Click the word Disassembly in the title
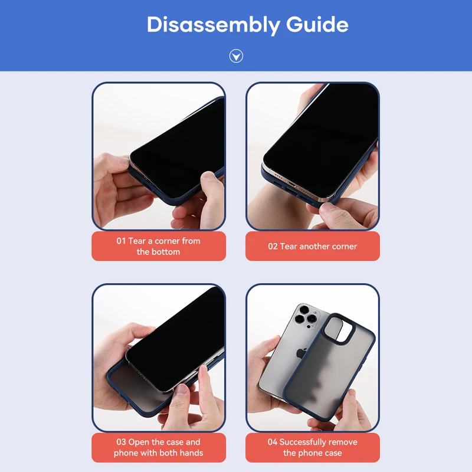pyautogui.click(x=214, y=25)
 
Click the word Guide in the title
pyautogui.click(x=317, y=24)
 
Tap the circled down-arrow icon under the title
pyautogui.click(x=236, y=56)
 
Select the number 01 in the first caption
pyautogui.click(x=121, y=241)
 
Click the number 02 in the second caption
pyautogui.click(x=273, y=247)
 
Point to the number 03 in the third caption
pyautogui.click(x=121, y=442)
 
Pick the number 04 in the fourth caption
pyautogui.click(x=272, y=442)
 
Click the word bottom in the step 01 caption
pyautogui.click(x=166, y=252)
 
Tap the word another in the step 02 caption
pyautogui.click(x=315, y=247)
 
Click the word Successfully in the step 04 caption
pyautogui.click(x=298, y=442)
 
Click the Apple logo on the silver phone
pyautogui.click(x=301, y=353)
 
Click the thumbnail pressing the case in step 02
pyautogui.click(x=327, y=208)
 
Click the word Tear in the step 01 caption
pyautogui.click(x=137, y=241)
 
